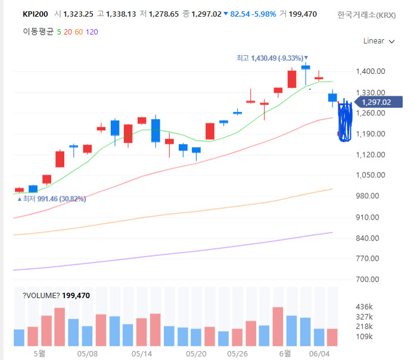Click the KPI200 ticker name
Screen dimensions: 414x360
[x=35, y=14]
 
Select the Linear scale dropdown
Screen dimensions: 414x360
[x=379, y=41]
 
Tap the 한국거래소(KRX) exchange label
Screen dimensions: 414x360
[x=366, y=15]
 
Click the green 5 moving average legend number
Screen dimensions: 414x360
[x=59, y=32]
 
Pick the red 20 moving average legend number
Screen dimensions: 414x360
[x=68, y=32]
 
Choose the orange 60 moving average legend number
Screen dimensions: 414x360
[x=79, y=32]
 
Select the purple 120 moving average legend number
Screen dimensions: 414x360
[x=92, y=32]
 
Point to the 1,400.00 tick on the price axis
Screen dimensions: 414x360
[x=371, y=71]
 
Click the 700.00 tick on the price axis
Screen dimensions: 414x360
[x=368, y=279]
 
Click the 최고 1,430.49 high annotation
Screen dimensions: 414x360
[x=272, y=58]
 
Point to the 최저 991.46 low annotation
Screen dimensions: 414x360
[x=52, y=199]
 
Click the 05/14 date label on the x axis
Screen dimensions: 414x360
[x=142, y=353]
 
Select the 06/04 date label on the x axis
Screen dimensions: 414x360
[x=319, y=353]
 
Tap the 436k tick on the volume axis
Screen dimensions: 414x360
[x=364, y=306]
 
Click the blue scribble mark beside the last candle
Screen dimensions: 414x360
[x=345, y=121]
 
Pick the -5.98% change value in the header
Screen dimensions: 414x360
[x=264, y=14]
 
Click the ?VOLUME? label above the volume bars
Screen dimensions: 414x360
[x=41, y=295]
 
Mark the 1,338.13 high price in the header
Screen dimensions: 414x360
[x=121, y=14]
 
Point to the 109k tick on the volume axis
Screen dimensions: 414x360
[x=364, y=337]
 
